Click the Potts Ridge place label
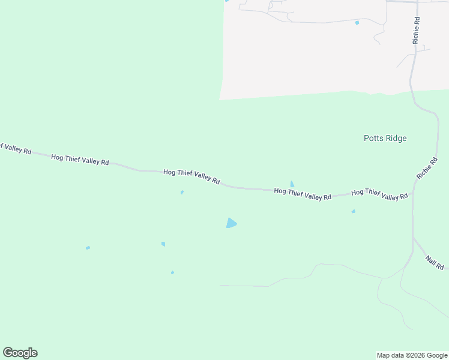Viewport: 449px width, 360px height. pos(385,139)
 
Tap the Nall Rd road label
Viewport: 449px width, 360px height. pos(434,262)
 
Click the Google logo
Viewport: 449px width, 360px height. pos(20,353)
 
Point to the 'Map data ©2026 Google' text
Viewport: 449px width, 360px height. pos(412,355)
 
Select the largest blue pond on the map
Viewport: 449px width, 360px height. pos(231,223)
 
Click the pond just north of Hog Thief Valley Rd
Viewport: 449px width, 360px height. pos(292,184)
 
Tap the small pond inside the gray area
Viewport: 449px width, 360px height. pos(357,23)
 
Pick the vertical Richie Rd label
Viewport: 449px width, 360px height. pos(415,30)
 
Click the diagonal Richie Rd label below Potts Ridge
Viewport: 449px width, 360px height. pos(429,169)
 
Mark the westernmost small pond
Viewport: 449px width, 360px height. pos(88,248)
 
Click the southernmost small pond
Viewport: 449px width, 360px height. pos(172,272)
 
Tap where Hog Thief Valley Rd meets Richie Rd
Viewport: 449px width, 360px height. pos(412,193)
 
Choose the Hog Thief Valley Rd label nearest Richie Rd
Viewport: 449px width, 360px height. pos(379,194)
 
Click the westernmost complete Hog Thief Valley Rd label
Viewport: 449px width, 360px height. pos(80,160)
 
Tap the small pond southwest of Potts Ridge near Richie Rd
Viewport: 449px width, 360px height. pos(353,211)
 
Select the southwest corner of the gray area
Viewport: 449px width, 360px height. pos(220,99)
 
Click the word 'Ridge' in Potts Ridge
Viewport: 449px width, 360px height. pos(396,139)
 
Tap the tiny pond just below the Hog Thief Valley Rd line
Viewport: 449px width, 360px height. pos(182,193)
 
